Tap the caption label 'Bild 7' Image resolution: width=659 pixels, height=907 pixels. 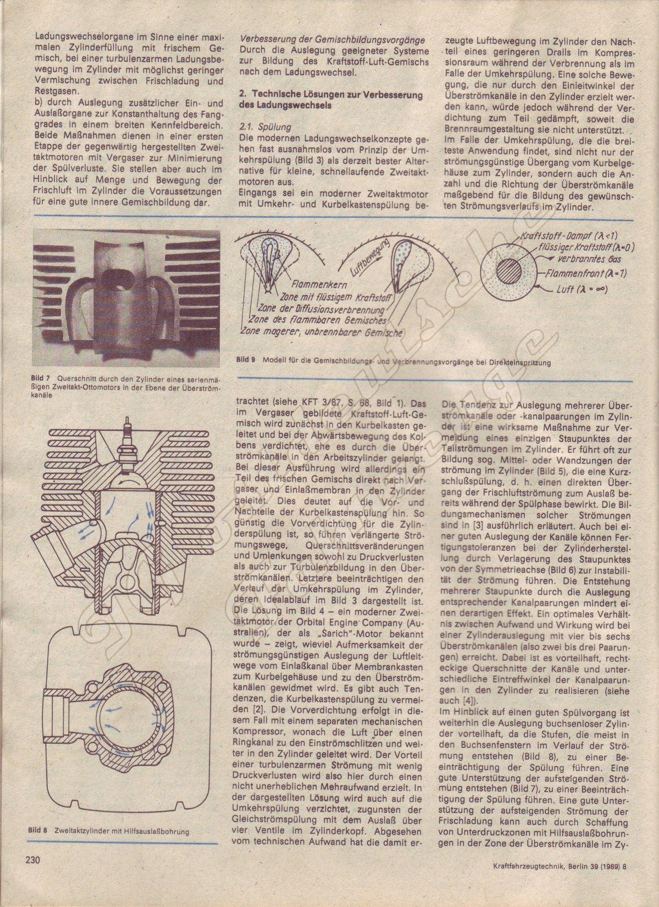[40, 378]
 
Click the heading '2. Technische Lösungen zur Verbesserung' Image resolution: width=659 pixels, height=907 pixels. [331, 95]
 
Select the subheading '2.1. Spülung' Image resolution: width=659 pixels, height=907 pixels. [262, 126]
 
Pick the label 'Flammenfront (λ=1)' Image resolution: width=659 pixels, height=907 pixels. [588, 273]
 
